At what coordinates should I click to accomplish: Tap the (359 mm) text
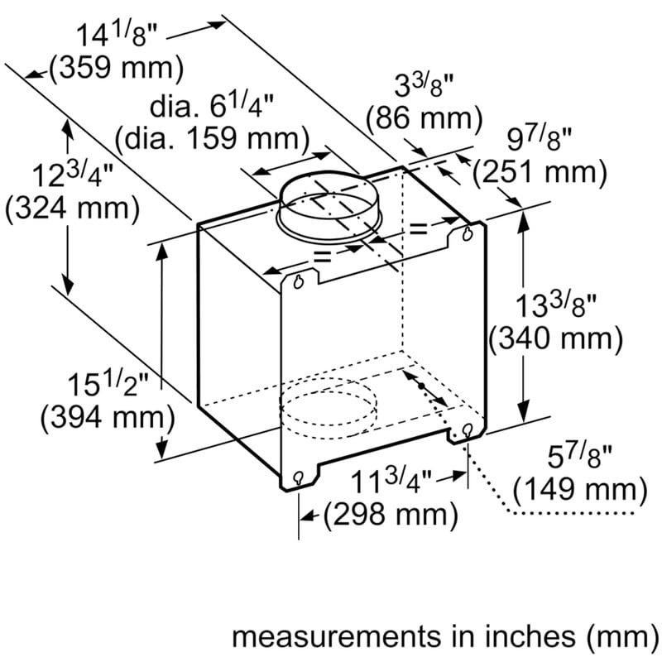pyautogui.click(x=115, y=69)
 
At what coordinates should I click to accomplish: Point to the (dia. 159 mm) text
pyautogui.click(x=212, y=137)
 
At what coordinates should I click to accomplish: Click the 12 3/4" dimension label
pyautogui.click(x=73, y=176)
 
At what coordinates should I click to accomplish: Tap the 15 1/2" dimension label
pyautogui.click(x=108, y=386)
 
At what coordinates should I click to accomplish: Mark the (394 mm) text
pyautogui.click(x=108, y=418)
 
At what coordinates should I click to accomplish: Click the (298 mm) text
pyautogui.click(x=390, y=515)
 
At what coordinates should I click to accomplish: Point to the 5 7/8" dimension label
pyautogui.click(x=578, y=458)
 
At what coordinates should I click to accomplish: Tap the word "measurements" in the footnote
pyautogui.click(x=333, y=636)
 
